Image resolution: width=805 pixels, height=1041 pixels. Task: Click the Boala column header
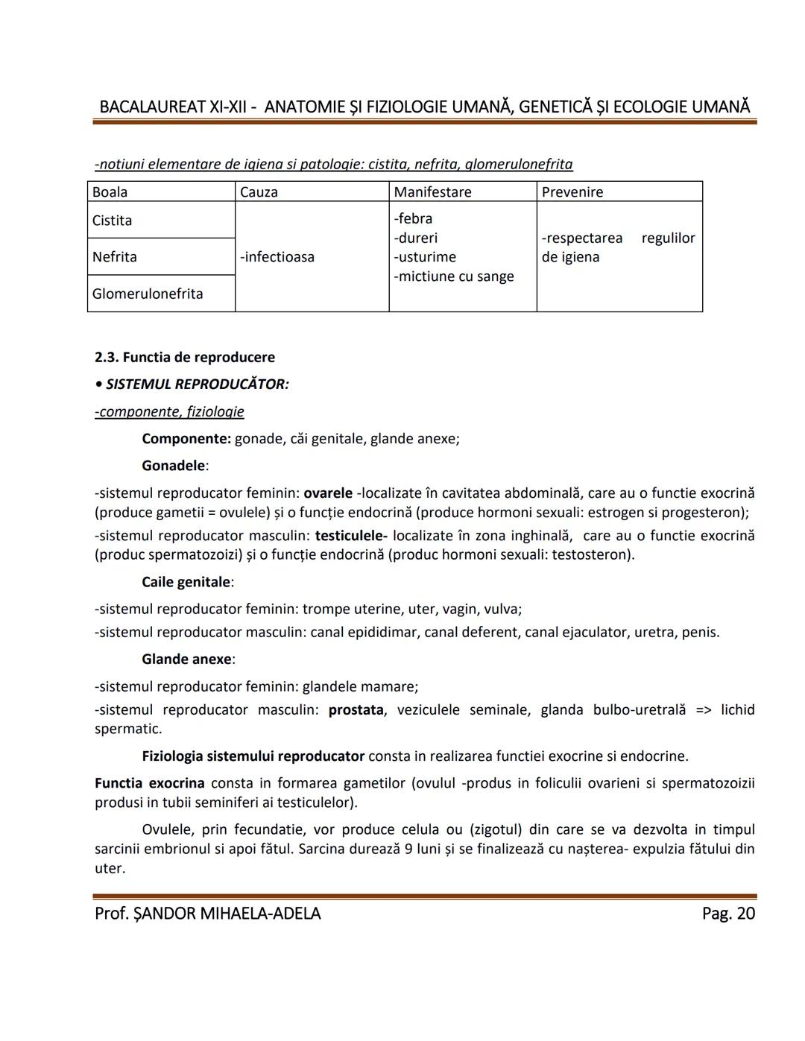click(x=110, y=192)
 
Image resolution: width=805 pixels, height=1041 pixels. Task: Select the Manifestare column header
click(x=432, y=192)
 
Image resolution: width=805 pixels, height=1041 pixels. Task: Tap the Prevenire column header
click(x=572, y=192)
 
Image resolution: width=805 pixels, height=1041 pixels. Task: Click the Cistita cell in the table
click(x=112, y=221)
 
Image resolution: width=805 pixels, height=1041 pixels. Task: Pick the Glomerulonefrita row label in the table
click(x=147, y=294)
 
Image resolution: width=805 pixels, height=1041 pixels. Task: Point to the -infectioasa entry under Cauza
click(x=277, y=257)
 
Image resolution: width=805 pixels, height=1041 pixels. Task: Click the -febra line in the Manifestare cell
click(x=413, y=218)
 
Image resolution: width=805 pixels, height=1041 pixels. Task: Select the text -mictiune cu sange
click(x=453, y=276)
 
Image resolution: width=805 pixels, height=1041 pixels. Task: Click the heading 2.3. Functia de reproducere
click(x=184, y=358)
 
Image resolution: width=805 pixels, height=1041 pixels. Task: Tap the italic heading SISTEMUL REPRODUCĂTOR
click(x=197, y=385)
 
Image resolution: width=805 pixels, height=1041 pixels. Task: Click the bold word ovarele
click(x=328, y=493)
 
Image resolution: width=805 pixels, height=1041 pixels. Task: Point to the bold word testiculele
click(x=350, y=536)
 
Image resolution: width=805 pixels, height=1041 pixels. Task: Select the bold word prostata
click(x=356, y=710)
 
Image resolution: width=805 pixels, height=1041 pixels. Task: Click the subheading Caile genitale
click(x=186, y=582)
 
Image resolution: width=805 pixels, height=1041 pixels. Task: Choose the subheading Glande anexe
click(x=186, y=659)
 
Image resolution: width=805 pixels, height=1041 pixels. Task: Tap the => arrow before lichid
click(x=704, y=710)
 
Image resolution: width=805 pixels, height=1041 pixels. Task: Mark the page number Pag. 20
click(x=727, y=914)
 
